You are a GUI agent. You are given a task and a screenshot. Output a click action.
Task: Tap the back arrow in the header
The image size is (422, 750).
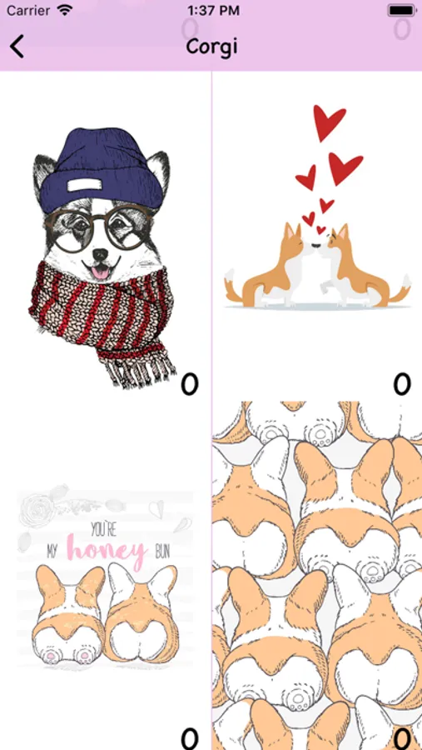pos(17,47)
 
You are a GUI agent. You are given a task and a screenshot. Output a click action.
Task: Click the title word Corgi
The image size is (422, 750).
pos(211,47)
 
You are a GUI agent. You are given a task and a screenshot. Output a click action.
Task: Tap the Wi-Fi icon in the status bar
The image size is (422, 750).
pos(64,10)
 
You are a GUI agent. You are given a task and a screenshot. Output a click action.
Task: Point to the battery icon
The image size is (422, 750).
pos(402,10)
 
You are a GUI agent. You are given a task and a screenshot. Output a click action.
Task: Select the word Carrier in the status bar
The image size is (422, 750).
pos(28,11)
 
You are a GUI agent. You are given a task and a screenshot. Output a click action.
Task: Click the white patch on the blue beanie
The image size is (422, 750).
pos(88,185)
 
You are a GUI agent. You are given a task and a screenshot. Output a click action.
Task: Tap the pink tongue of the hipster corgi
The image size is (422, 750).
pos(99,273)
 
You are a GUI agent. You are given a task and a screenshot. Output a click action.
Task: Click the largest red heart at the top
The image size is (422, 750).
pos(329,122)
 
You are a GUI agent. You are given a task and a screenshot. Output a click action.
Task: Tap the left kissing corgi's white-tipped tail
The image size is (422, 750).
pos(230,282)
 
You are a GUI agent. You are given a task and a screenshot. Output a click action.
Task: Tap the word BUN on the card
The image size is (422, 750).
pos(162,553)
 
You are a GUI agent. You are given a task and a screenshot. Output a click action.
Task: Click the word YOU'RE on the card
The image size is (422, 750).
pos(104,529)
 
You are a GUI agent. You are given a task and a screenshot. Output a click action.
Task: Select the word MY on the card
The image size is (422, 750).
pos(52,553)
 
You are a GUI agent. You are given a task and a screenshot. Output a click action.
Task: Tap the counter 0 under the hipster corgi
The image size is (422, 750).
pos(189,384)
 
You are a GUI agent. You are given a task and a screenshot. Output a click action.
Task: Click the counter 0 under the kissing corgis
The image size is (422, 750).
pos(402,383)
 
